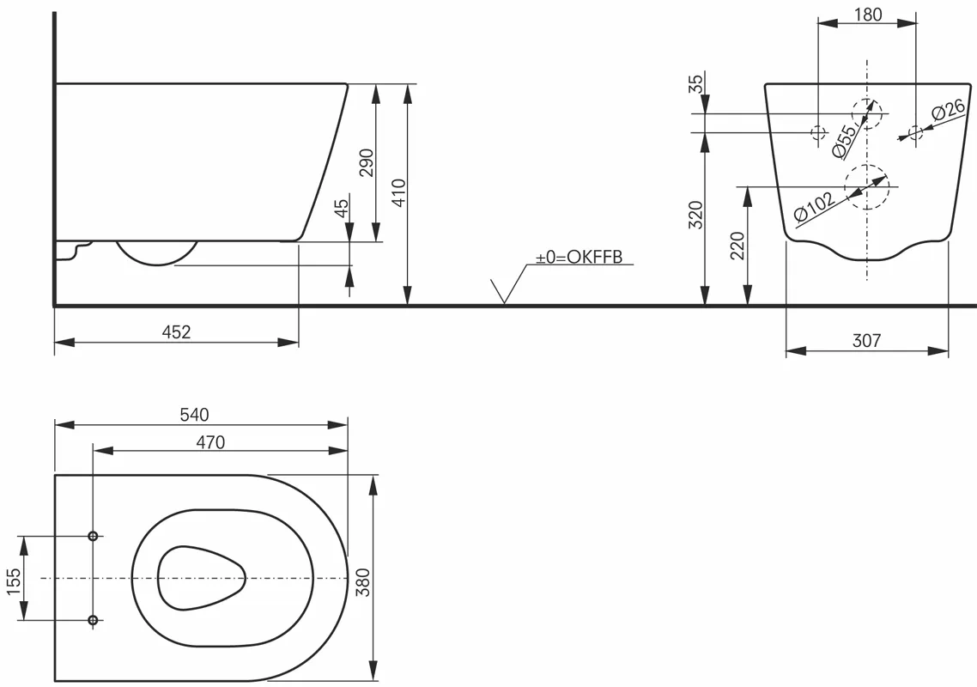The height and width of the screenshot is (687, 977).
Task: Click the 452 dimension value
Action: [x=176, y=332]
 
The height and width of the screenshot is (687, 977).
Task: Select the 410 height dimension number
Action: [x=398, y=193]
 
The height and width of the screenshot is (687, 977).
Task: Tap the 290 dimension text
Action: [x=367, y=162]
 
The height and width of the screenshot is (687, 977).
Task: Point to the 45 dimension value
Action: [x=342, y=208]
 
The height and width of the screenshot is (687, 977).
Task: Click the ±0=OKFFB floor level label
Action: [x=580, y=258]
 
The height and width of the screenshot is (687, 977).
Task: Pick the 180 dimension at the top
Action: [x=868, y=15]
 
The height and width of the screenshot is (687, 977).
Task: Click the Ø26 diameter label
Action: [x=949, y=110]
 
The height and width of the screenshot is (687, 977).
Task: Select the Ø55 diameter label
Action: [x=845, y=141]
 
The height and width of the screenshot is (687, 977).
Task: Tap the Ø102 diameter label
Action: [x=815, y=206]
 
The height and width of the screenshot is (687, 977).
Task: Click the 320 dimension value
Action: [x=695, y=215]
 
